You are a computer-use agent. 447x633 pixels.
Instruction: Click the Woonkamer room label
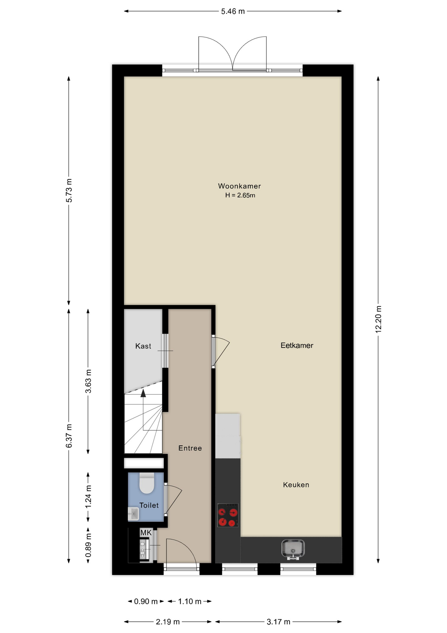tap(239, 186)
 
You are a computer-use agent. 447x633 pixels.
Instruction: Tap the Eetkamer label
tap(297, 346)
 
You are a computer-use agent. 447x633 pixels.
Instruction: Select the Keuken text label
tap(296, 485)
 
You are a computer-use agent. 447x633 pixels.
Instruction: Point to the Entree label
tap(190, 448)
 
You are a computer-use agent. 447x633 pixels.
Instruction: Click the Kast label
tap(143, 346)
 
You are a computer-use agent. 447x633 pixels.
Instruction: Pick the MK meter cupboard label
tap(146, 533)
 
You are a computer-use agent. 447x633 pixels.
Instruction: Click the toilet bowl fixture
tap(147, 483)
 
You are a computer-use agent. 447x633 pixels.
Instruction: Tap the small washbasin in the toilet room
tap(133, 514)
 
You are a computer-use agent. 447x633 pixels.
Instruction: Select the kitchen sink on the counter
tap(293, 550)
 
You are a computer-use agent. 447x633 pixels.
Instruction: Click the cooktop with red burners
tap(228, 515)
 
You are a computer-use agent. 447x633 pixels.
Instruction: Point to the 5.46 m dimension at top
tap(233, 11)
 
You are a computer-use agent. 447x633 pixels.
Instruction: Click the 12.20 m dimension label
tap(378, 319)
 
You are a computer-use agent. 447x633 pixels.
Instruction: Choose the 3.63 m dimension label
tap(88, 381)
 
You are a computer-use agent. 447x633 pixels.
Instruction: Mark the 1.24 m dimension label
tap(88, 497)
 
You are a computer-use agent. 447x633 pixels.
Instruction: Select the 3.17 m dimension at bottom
tap(278, 622)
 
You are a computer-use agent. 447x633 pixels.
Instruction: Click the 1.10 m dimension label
tap(190, 601)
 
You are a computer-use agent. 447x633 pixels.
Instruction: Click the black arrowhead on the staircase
tap(143, 393)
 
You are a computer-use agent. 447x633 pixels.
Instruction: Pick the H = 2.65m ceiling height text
tap(240, 195)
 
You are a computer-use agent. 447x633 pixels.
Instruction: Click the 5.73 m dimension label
tap(69, 191)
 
